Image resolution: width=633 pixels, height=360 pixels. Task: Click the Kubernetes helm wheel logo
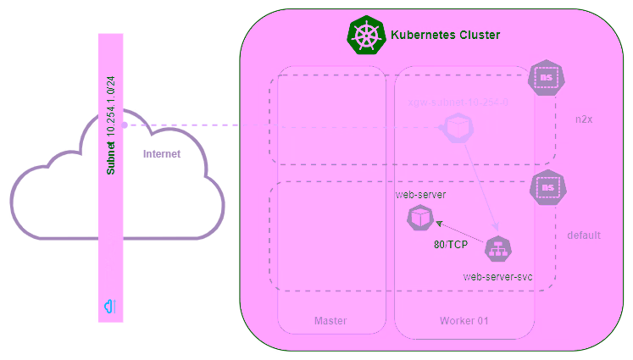(x=366, y=36)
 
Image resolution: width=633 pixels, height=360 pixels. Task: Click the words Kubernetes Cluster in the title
(x=445, y=36)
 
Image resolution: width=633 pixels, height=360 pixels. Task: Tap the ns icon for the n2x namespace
(x=547, y=78)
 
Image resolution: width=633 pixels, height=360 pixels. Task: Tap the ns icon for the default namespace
(x=548, y=187)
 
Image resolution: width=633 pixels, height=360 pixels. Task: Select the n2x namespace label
(x=584, y=119)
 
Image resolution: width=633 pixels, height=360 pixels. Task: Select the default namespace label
(x=584, y=235)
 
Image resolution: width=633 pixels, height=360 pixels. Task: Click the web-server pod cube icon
(x=419, y=218)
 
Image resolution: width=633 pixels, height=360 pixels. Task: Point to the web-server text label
(x=420, y=195)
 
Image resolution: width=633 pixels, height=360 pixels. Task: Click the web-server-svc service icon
(x=497, y=250)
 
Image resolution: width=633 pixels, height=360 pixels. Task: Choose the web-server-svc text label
(x=497, y=277)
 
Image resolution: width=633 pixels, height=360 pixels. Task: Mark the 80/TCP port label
(x=446, y=246)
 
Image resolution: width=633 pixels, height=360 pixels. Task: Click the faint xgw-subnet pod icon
(x=458, y=128)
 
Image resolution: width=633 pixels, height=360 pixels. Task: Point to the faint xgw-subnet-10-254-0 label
(x=458, y=102)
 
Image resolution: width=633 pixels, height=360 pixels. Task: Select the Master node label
(x=330, y=321)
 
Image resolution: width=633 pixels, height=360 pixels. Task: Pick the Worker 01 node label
(x=464, y=321)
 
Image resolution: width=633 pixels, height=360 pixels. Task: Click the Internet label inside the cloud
(x=162, y=154)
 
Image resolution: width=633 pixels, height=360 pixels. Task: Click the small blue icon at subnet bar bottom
(x=110, y=306)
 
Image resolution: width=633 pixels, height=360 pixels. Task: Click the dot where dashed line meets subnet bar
(x=125, y=125)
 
